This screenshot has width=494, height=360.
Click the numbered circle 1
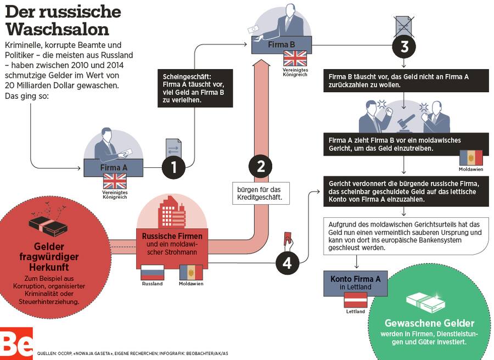pos(174,166)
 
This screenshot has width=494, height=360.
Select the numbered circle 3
pos(405,47)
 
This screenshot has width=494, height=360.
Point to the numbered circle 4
pos(287,263)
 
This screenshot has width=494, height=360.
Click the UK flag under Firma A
pos(115,181)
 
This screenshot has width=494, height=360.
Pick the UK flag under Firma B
pos(295,58)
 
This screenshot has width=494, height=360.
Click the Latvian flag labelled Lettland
pos(355,300)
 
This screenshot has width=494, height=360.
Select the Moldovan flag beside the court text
pos(471,158)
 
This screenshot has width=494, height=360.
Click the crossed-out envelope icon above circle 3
pos(405,25)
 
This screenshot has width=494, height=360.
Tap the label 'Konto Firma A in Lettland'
pos(355,283)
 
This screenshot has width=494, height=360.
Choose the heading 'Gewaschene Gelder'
pos(429,323)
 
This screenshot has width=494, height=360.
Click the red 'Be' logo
pos(16,343)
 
